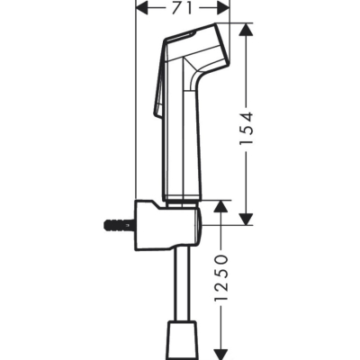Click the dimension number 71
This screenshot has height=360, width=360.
[182, 8]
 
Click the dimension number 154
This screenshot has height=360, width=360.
[247, 129]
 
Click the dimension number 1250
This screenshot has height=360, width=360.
[221, 278]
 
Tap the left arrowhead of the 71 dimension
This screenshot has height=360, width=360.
[143, 8]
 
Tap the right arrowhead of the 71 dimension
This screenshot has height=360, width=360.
[223, 8]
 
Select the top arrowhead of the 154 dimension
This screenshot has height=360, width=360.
[247, 30]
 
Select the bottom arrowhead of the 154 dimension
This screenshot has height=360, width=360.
[247, 219]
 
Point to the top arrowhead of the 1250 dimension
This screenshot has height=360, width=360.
[220, 206]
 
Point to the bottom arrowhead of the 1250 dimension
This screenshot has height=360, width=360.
[220, 354]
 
